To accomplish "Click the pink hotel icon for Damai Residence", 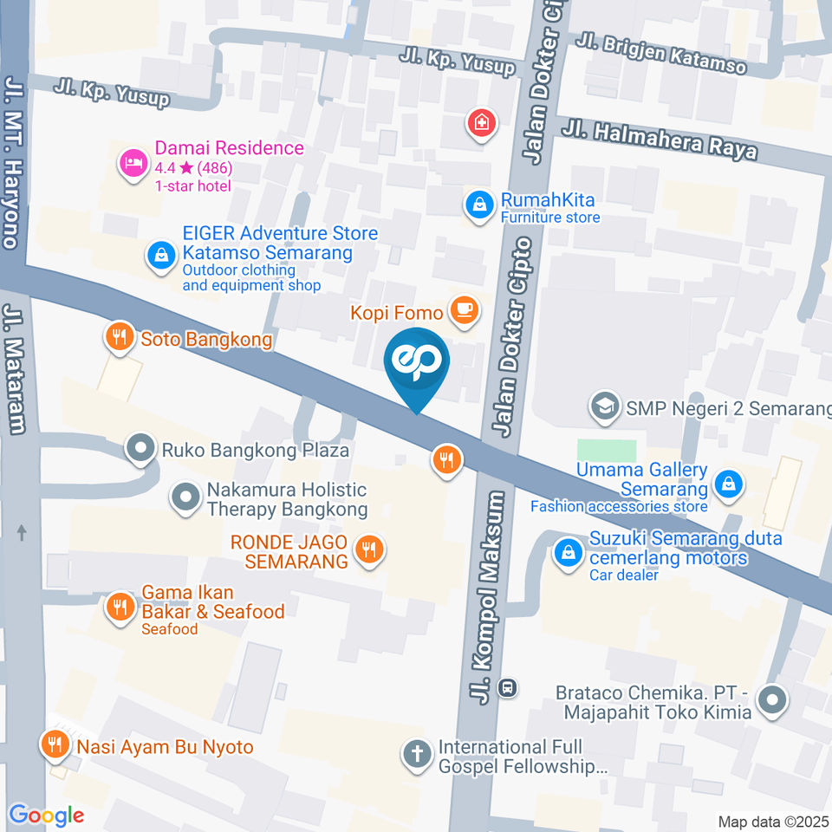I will coord(133,162).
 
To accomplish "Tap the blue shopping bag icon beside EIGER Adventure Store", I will coord(160,256).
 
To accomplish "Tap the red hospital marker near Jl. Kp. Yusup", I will coord(480,123).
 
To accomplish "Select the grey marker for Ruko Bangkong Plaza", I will coord(139,449).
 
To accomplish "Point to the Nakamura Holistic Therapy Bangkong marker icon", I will coord(185,497).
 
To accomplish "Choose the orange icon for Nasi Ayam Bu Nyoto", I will coord(55,744).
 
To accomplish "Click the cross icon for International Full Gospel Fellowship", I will coord(417,754).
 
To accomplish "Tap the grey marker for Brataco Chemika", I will coord(770,699).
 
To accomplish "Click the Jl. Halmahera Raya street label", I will coord(659,140).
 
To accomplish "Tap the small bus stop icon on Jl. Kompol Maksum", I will coord(509,688).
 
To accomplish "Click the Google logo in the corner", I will coord(46,815).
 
